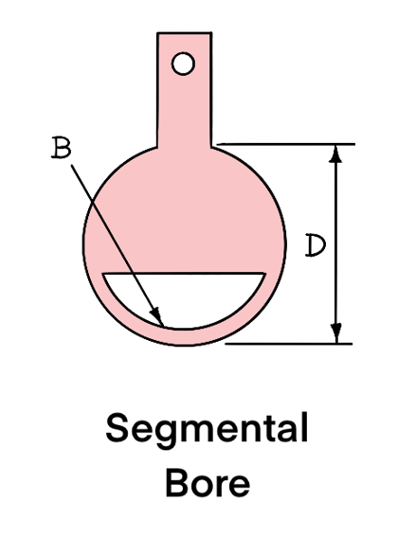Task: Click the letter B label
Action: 62,148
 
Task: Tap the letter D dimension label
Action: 316,245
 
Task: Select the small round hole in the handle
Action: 183,63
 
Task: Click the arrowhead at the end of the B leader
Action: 156,315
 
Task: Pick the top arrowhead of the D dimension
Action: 335,153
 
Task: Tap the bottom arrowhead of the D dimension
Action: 335,333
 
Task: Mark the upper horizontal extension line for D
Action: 286,145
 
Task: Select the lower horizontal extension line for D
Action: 289,343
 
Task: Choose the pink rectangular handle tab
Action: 184,90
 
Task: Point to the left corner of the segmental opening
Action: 103,274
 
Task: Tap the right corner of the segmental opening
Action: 265,274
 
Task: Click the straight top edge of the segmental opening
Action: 185,274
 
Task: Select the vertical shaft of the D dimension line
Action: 336,244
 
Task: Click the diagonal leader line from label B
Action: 118,244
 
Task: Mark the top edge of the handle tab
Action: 184,33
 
